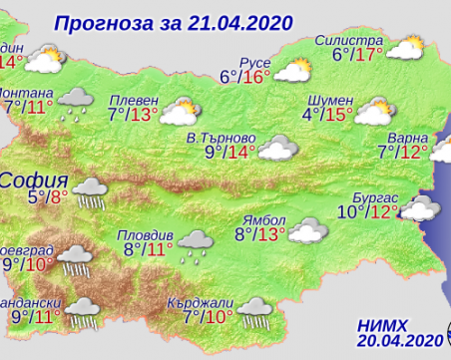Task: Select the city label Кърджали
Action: coord(208,303)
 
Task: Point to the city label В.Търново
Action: coord(223,136)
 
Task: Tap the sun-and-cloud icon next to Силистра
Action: coord(405,46)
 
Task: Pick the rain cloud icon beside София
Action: coord(92,190)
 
